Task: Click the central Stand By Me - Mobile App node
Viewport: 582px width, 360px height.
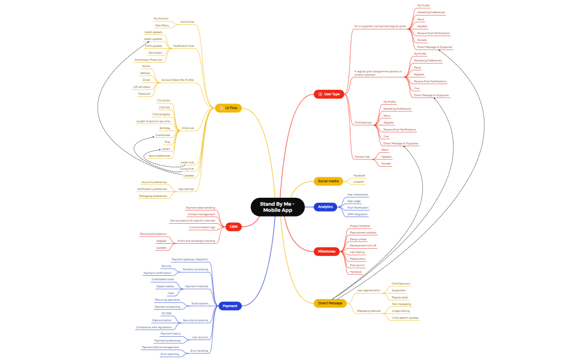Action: tap(278, 207)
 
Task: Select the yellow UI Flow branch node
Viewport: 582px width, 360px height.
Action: tap(228, 109)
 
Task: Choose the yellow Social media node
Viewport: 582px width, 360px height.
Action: tap(328, 181)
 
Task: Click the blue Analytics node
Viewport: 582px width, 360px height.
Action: tap(325, 207)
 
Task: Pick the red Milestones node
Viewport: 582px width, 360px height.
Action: tap(326, 251)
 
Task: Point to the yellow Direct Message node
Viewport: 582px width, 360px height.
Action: tap(330, 303)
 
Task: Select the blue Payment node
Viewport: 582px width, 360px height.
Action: tap(229, 306)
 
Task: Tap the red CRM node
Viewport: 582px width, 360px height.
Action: tap(233, 227)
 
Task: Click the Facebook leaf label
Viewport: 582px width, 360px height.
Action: tap(359, 176)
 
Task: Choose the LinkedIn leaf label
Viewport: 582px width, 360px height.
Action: tap(359, 182)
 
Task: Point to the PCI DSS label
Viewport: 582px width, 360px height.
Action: tap(167, 313)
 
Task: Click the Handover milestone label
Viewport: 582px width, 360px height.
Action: tap(356, 272)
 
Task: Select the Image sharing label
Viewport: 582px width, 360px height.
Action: tap(400, 311)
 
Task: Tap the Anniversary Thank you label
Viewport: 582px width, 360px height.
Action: tap(148, 60)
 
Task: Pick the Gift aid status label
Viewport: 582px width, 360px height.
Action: tap(141, 87)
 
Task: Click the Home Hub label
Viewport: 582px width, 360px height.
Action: tap(187, 22)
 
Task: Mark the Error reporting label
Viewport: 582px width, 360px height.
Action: tap(170, 354)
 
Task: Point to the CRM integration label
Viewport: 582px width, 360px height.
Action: tap(357, 214)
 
